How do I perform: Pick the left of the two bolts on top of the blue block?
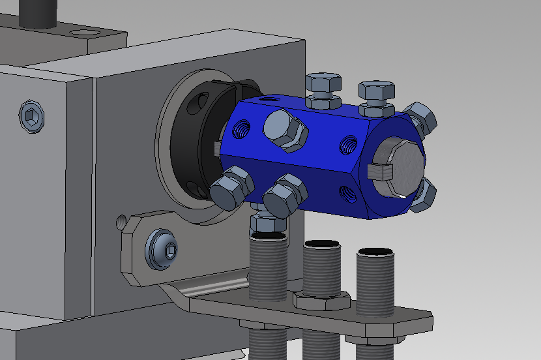tap(323, 88)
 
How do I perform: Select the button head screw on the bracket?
tap(162, 248)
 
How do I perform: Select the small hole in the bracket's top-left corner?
tap(124, 223)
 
